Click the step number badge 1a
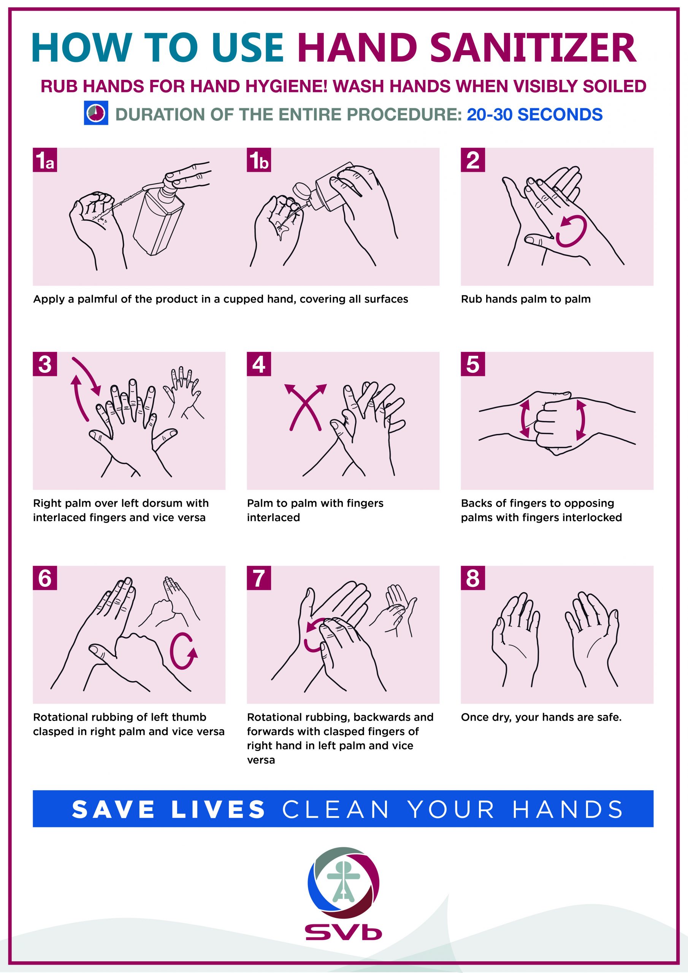tap(45, 160)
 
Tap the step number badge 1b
tap(259, 160)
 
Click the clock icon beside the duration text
tap(96, 113)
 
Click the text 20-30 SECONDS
tap(534, 115)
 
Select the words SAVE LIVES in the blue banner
tap(168, 810)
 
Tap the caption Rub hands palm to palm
tap(526, 299)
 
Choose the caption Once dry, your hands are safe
tap(541, 718)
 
